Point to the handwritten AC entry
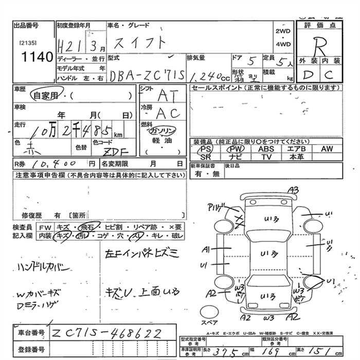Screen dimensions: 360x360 coord(167,113)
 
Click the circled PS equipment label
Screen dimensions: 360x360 coord(206,149)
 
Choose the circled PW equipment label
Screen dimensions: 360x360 coord(236,149)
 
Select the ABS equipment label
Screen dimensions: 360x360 coord(266,149)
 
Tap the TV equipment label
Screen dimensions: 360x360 coord(266,156)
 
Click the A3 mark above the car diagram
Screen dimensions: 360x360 coord(294,191)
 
